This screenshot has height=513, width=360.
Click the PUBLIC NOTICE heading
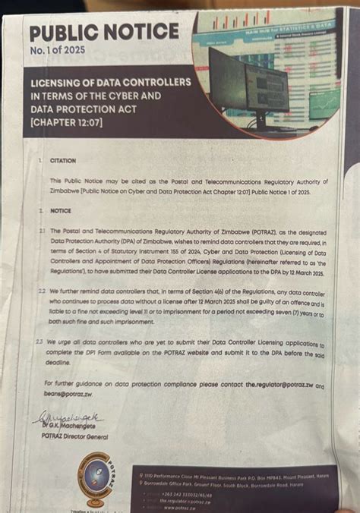point(105,32)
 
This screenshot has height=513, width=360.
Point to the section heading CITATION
point(63,161)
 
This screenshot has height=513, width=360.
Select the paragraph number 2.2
point(43,291)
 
